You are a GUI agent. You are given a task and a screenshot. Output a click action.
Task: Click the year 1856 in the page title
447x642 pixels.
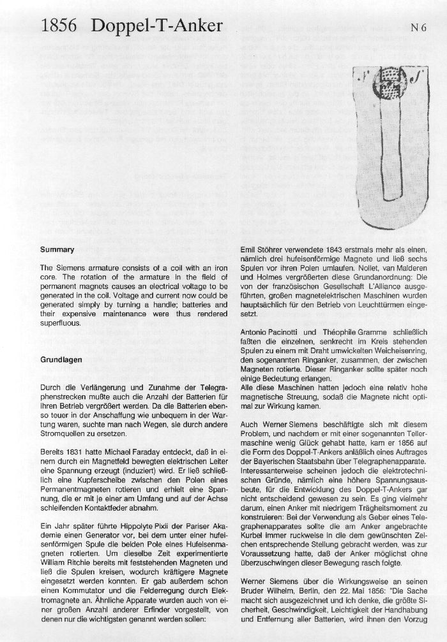point(59,26)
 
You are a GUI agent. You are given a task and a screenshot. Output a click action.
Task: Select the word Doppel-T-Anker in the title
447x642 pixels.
point(157,26)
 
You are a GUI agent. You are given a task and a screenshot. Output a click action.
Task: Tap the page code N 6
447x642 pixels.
point(418,27)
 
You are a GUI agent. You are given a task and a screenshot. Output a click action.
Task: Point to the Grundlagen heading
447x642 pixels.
point(61,360)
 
